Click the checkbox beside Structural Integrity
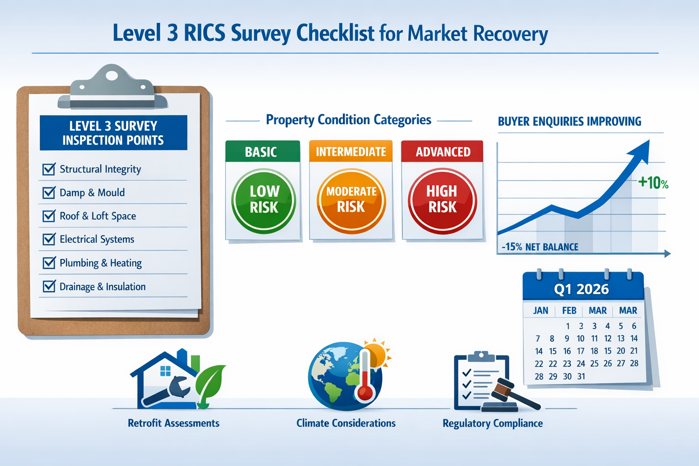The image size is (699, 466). (x=49, y=169)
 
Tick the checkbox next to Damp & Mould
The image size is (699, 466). (x=49, y=192)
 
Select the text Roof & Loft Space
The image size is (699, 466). (x=97, y=216)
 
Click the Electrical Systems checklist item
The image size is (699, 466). (x=96, y=239)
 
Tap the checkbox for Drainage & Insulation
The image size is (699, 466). (x=49, y=287)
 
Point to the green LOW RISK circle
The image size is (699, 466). (x=263, y=201)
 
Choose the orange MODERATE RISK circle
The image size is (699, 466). (x=351, y=201)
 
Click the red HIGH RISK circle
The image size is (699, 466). (x=442, y=201)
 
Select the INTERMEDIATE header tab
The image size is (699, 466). (x=350, y=152)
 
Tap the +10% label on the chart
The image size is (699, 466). (x=653, y=183)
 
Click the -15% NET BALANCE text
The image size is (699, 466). (x=540, y=247)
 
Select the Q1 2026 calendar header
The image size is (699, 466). (x=581, y=289)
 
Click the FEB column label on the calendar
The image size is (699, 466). (x=569, y=311)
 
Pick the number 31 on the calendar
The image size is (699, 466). (x=581, y=376)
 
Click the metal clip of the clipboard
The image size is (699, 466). (x=111, y=89)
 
